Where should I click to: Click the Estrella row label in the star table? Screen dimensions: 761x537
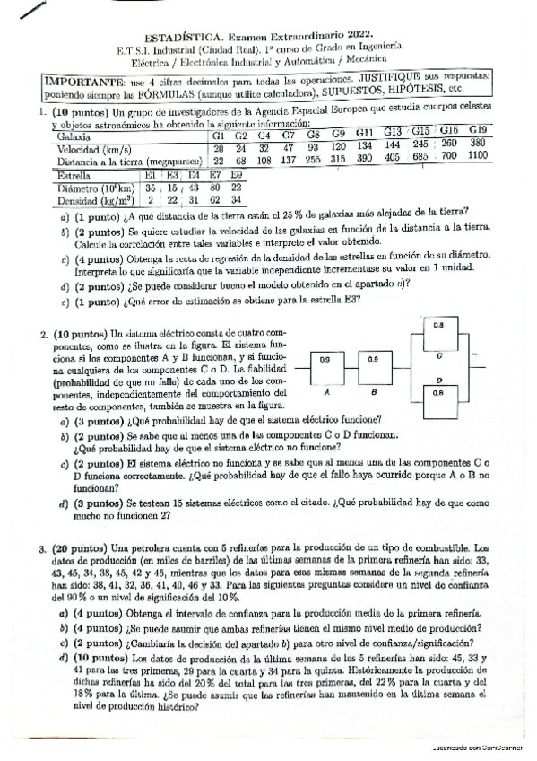(x=74, y=176)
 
